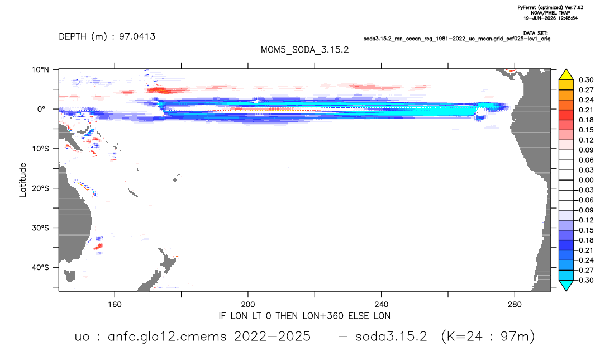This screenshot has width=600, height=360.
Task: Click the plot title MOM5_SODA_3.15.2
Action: pyautogui.click(x=304, y=50)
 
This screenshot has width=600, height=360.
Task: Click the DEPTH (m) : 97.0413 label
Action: pyautogui.click(x=107, y=36)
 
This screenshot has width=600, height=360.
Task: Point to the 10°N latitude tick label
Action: pyautogui.click(x=40, y=70)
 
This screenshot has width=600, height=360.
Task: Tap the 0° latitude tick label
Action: pyautogui.click(x=41, y=109)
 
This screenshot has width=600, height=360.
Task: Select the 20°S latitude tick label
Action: pyautogui.click(x=40, y=188)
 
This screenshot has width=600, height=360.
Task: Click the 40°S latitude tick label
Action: pyautogui.click(x=40, y=267)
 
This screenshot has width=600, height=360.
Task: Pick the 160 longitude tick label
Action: pyautogui.click(x=115, y=305)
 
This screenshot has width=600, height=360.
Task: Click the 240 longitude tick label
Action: pyautogui.click(x=382, y=305)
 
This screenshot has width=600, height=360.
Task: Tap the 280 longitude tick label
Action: pyautogui.click(x=515, y=305)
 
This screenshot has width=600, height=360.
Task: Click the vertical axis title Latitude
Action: pyautogui.click(x=23, y=180)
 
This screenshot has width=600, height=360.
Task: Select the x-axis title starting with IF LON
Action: pyautogui.click(x=304, y=316)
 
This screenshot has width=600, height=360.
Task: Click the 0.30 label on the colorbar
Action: pyautogui.click(x=586, y=80)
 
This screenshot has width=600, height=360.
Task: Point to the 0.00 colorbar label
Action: pyautogui.click(x=586, y=180)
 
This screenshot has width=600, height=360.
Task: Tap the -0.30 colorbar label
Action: pyautogui.click(x=585, y=280)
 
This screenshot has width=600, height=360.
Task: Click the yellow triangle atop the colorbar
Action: pyautogui.click(x=566, y=74)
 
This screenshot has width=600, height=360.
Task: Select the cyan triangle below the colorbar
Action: pyautogui.click(x=566, y=285)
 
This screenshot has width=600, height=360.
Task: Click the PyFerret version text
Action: pyautogui.click(x=550, y=7)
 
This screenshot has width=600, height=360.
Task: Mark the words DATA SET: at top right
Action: pyautogui.click(x=535, y=34)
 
